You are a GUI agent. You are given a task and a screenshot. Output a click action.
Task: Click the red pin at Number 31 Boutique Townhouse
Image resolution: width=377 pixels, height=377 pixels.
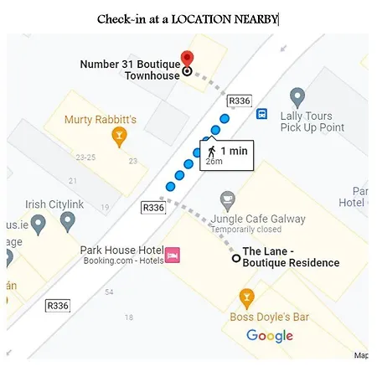187,59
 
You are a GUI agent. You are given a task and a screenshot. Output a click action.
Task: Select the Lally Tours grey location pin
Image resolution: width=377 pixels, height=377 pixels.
296,98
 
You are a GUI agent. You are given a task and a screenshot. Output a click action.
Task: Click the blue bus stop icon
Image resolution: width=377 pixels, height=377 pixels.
262,114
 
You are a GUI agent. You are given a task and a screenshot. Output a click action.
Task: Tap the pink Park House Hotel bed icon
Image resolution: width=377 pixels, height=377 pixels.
173,255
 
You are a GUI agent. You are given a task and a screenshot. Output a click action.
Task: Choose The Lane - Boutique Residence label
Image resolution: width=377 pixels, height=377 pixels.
291,256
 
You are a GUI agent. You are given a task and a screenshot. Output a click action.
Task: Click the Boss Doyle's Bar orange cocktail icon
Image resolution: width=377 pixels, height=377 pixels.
246,297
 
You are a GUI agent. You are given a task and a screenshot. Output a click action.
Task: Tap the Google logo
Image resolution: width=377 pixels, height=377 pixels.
270,336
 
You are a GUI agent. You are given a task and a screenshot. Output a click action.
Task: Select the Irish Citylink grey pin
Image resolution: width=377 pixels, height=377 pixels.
68,222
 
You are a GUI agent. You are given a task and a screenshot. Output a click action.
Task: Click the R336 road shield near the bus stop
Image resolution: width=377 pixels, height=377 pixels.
240,101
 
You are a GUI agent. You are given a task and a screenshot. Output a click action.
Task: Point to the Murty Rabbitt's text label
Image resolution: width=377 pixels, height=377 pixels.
100,119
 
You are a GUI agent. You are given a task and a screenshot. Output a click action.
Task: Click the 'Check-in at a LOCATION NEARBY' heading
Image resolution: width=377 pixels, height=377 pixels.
187,18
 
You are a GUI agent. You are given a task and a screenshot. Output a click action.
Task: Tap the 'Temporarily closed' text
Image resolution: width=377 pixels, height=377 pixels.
245,230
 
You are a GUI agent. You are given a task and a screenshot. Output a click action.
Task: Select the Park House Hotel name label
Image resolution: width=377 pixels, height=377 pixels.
121,250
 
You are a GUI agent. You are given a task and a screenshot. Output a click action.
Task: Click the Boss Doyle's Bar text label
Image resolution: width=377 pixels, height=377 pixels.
269,317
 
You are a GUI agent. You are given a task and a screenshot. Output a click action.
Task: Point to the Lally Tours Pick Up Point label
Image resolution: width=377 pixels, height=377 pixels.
312,121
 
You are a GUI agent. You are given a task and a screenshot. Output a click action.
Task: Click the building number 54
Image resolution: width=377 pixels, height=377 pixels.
109,292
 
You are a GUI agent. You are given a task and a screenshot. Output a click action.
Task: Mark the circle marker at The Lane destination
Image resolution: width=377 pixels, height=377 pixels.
236,259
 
